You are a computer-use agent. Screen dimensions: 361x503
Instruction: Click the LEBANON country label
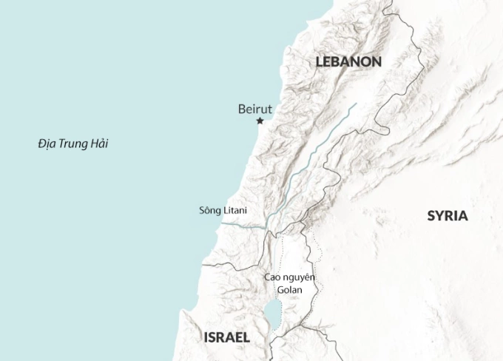pyautogui.click(x=348, y=62)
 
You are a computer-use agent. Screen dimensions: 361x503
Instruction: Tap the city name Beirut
pyautogui.click(x=255, y=109)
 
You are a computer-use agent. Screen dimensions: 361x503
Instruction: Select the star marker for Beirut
pyautogui.click(x=260, y=121)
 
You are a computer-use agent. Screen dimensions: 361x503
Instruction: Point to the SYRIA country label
pyautogui.click(x=448, y=216)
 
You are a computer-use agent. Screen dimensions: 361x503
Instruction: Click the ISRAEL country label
pyautogui.click(x=226, y=337)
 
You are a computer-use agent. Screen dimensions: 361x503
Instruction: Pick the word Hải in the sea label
pyautogui.click(x=97, y=144)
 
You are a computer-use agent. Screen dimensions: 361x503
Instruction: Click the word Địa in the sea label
pyautogui.click(x=48, y=144)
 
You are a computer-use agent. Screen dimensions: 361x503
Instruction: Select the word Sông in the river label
pyautogui.click(x=210, y=210)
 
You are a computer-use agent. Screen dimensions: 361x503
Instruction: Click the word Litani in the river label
pyautogui.click(x=235, y=210)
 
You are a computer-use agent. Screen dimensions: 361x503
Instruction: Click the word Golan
pyautogui.click(x=289, y=289)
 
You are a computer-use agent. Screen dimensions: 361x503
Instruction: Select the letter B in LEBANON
pyautogui.click(x=337, y=62)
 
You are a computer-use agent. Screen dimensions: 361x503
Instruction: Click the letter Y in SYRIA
pyautogui.click(x=441, y=216)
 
